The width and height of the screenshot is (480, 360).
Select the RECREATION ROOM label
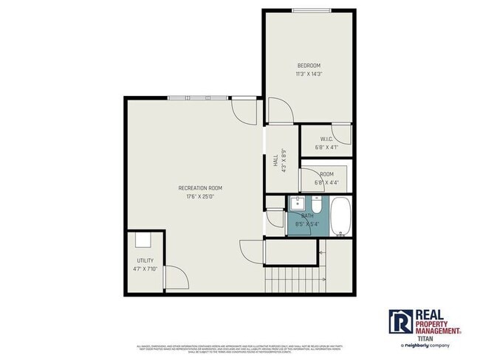coord(199,188)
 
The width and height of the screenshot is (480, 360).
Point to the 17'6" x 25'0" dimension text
coord(199,196)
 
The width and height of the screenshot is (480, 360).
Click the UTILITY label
coord(145,261)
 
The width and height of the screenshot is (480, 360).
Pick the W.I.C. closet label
coord(326,139)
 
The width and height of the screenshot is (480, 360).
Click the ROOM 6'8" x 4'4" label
coord(326,174)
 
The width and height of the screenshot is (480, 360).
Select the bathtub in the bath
coord(340,217)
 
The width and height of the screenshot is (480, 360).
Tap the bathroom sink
coord(299,202)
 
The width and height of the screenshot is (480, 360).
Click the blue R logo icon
coord(400,321)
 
